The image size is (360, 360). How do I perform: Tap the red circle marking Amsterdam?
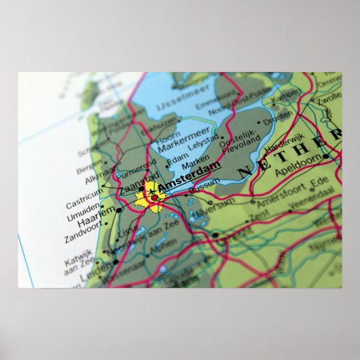pos(154,198)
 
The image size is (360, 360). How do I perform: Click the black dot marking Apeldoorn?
pos(325,156)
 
